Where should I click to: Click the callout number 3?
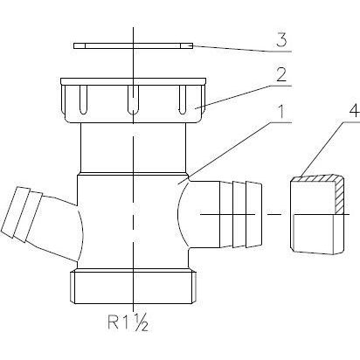pos(281,40)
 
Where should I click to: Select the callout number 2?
pos(281,75)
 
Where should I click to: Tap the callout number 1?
pos(280,112)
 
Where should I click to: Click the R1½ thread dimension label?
pos(128,322)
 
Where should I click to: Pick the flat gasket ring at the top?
pos(133,45)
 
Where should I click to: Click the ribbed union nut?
pos(133,100)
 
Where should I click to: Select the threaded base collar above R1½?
pos(133,287)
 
